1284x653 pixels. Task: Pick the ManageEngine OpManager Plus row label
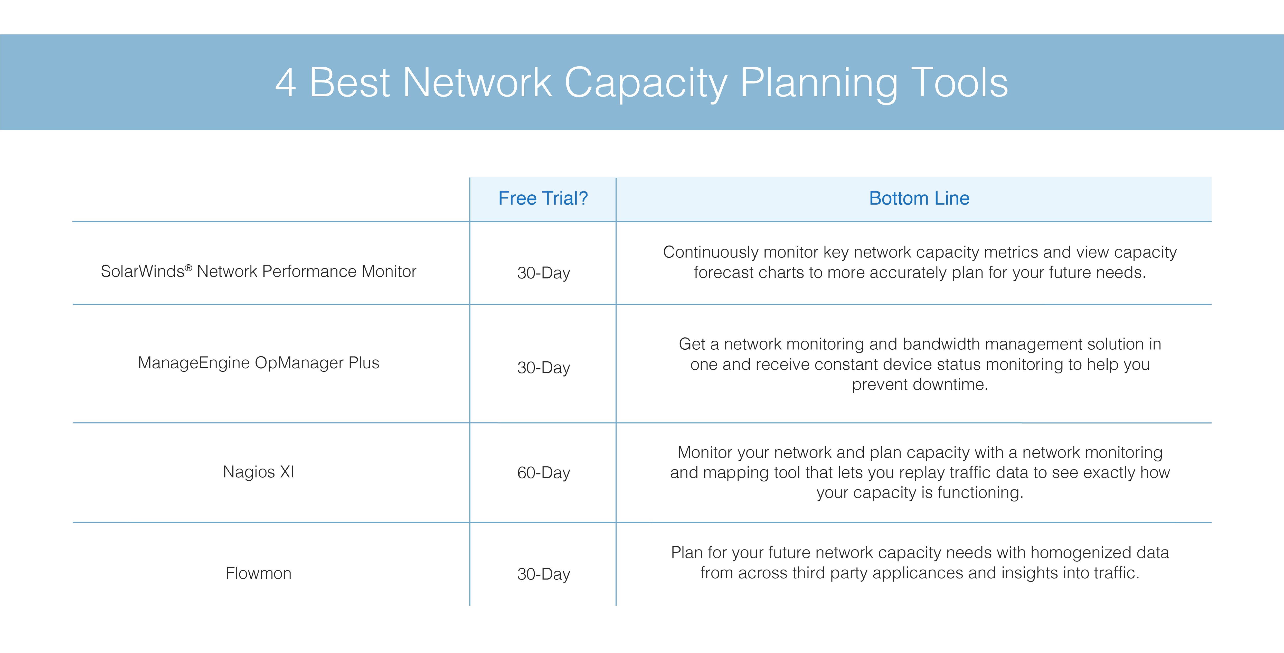(258, 363)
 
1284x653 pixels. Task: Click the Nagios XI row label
(258, 472)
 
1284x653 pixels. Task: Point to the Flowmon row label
(258, 573)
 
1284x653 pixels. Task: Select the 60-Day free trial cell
(543, 473)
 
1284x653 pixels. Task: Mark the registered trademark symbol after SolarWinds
(188, 268)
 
